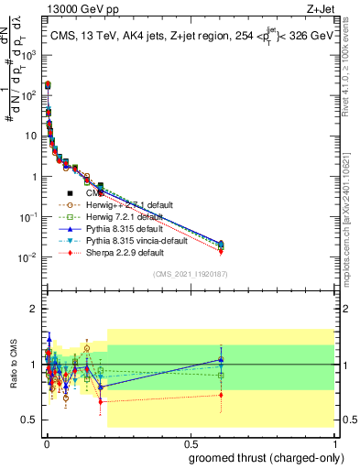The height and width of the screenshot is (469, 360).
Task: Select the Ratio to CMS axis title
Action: point(14,364)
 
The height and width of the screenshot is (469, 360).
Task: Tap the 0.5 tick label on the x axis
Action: point(190,442)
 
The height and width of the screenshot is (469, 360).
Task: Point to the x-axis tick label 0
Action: point(47,442)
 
